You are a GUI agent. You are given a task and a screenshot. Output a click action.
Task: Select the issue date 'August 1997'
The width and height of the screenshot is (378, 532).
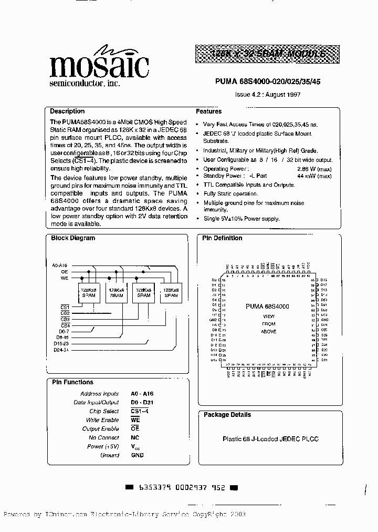(286, 95)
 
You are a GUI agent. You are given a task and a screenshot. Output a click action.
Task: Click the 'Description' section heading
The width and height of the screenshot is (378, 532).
(67, 111)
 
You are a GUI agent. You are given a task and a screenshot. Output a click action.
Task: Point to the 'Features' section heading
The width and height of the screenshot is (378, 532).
(209, 111)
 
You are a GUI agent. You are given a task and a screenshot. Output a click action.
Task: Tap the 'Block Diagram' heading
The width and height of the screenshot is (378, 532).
(73, 238)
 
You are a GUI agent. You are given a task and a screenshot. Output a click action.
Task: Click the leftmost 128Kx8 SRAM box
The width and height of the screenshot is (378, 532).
(87, 292)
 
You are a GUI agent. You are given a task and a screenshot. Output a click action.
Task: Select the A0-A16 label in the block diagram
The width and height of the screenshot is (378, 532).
(59, 266)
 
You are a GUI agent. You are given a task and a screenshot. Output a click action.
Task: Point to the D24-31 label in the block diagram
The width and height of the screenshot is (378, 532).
(61, 350)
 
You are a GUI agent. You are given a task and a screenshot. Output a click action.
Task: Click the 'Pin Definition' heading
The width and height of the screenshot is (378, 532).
(222, 238)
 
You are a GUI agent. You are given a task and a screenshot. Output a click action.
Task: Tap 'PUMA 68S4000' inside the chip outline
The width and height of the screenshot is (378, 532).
(267, 306)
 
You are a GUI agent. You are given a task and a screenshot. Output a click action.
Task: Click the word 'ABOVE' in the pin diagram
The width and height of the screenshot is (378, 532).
(268, 332)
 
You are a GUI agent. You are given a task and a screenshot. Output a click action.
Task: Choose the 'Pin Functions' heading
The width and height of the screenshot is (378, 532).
(72, 382)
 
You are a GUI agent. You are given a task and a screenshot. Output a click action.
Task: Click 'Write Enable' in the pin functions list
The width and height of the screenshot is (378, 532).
(102, 420)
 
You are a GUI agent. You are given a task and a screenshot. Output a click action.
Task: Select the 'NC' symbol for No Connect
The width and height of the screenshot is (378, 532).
(135, 438)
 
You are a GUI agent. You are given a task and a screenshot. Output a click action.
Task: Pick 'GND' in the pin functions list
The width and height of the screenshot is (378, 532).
(137, 455)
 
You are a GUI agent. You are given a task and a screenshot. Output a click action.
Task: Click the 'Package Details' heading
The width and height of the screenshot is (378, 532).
(227, 415)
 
